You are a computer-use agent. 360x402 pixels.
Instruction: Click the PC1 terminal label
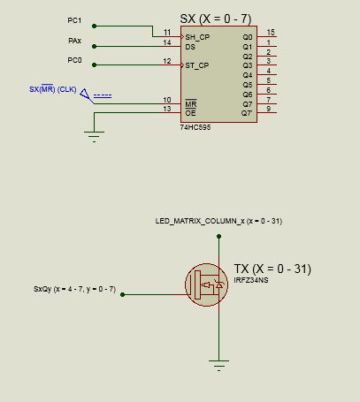tap(74, 20)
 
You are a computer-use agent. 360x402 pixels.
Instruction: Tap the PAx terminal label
tap(74, 41)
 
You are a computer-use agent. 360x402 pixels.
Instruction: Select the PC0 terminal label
tap(74, 60)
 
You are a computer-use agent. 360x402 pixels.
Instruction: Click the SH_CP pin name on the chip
tap(197, 37)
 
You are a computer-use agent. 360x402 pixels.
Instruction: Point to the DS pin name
tap(190, 47)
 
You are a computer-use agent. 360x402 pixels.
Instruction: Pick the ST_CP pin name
tap(197, 65)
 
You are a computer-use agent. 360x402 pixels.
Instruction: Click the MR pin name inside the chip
tap(191, 104)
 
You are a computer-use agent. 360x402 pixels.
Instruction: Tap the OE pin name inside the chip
tap(190, 113)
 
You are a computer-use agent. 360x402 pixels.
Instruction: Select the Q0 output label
tap(248, 37)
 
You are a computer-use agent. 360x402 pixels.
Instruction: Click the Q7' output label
tap(247, 113)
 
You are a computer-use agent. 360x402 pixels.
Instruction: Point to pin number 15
tap(271, 32)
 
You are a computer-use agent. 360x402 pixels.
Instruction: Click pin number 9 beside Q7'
tap(269, 109)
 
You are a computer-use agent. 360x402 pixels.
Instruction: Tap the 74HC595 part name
tap(195, 127)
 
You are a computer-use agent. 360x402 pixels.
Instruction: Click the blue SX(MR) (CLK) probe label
tap(53, 89)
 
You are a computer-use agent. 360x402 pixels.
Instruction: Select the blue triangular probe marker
tap(85, 94)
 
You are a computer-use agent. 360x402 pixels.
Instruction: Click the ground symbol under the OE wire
tap(94, 137)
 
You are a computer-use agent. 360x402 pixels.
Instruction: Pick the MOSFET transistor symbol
tap(206, 284)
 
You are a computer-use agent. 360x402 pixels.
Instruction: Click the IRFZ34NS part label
tap(251, 280)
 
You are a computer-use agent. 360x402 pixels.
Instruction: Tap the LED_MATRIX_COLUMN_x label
tap(200, 221)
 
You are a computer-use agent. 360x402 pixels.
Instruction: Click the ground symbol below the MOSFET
tap(218, 366)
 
